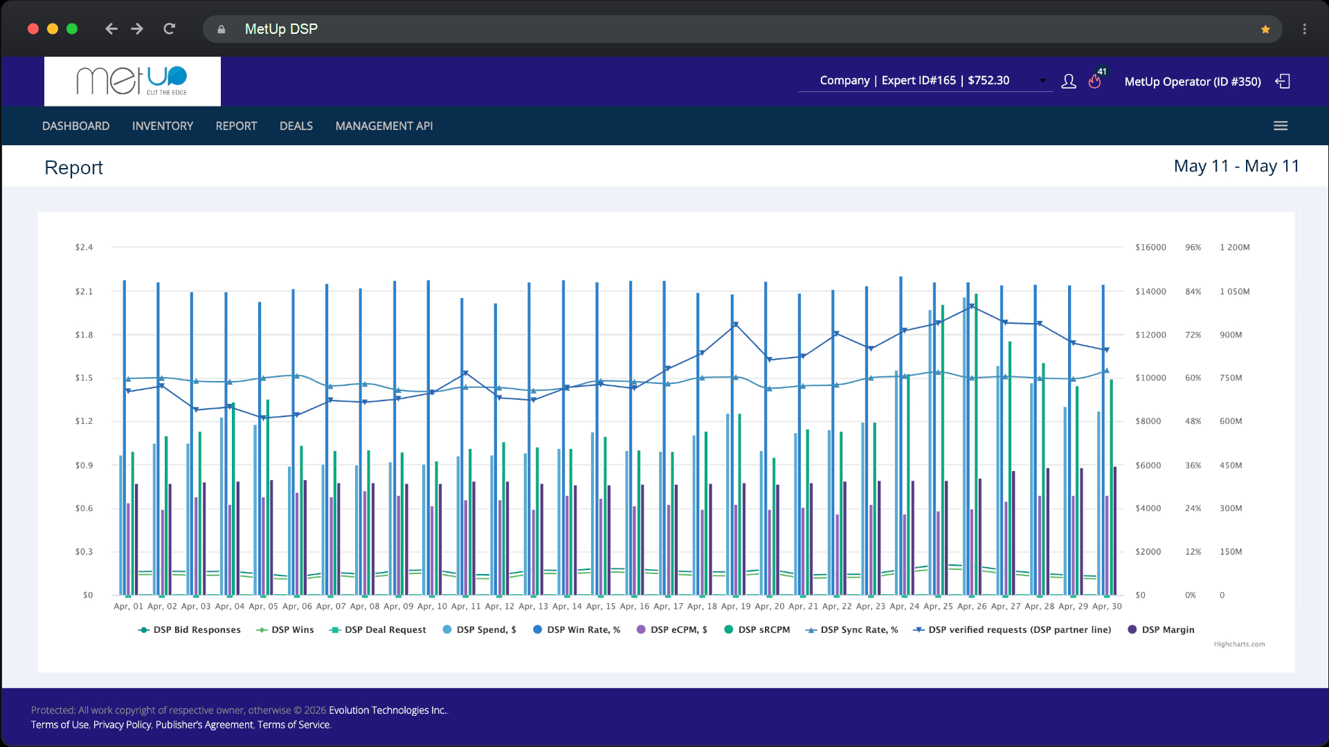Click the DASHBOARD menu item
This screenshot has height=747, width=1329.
pyautogui.click(x=75, y=126)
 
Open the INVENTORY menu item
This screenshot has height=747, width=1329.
pyautogui.click(x=163, y=126)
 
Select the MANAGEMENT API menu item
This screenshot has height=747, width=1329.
pyautogui.click(x=384, y=126)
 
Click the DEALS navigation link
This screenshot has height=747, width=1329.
pyautogui.click(x=296, y=126)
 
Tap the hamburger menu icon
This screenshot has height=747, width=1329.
pyautogui.click(x=1281, y=126)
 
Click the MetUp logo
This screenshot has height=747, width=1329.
pyautogui.click(x=132, y=81)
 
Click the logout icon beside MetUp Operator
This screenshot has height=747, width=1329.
pyautogui.click(x=1283, y=81)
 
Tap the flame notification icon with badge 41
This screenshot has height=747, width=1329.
pyautogui.click(x=1095, y=81)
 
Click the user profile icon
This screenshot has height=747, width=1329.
pyautogui.click(x=1069, y=81)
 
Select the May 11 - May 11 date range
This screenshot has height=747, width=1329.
pyautogui.click(x=1236, y=166)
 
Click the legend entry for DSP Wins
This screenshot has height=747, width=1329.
pyautogui.click(x=285, y=629)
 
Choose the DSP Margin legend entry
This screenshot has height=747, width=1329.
pyautogui.click(x=1161, y=629)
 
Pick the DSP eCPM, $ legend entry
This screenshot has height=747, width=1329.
pyautogui.click(x=671, y=629)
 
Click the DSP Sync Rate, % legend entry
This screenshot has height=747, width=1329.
pyautogui.click(x=851, y=629)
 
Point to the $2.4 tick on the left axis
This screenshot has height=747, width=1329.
pyautogui.click(x=84, y=247)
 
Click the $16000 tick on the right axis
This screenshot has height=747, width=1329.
pyautogui.click(x=1150, y=247)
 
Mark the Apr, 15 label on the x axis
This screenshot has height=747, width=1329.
pyautogui.click(x=601, y=606)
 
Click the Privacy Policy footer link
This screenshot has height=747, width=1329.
pyautogui.click(x=122, y=725)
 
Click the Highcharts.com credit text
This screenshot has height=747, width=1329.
pyautogui.click(x=1239, y=644)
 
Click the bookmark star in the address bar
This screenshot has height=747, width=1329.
pyautogui.click(x=1265, y=29)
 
